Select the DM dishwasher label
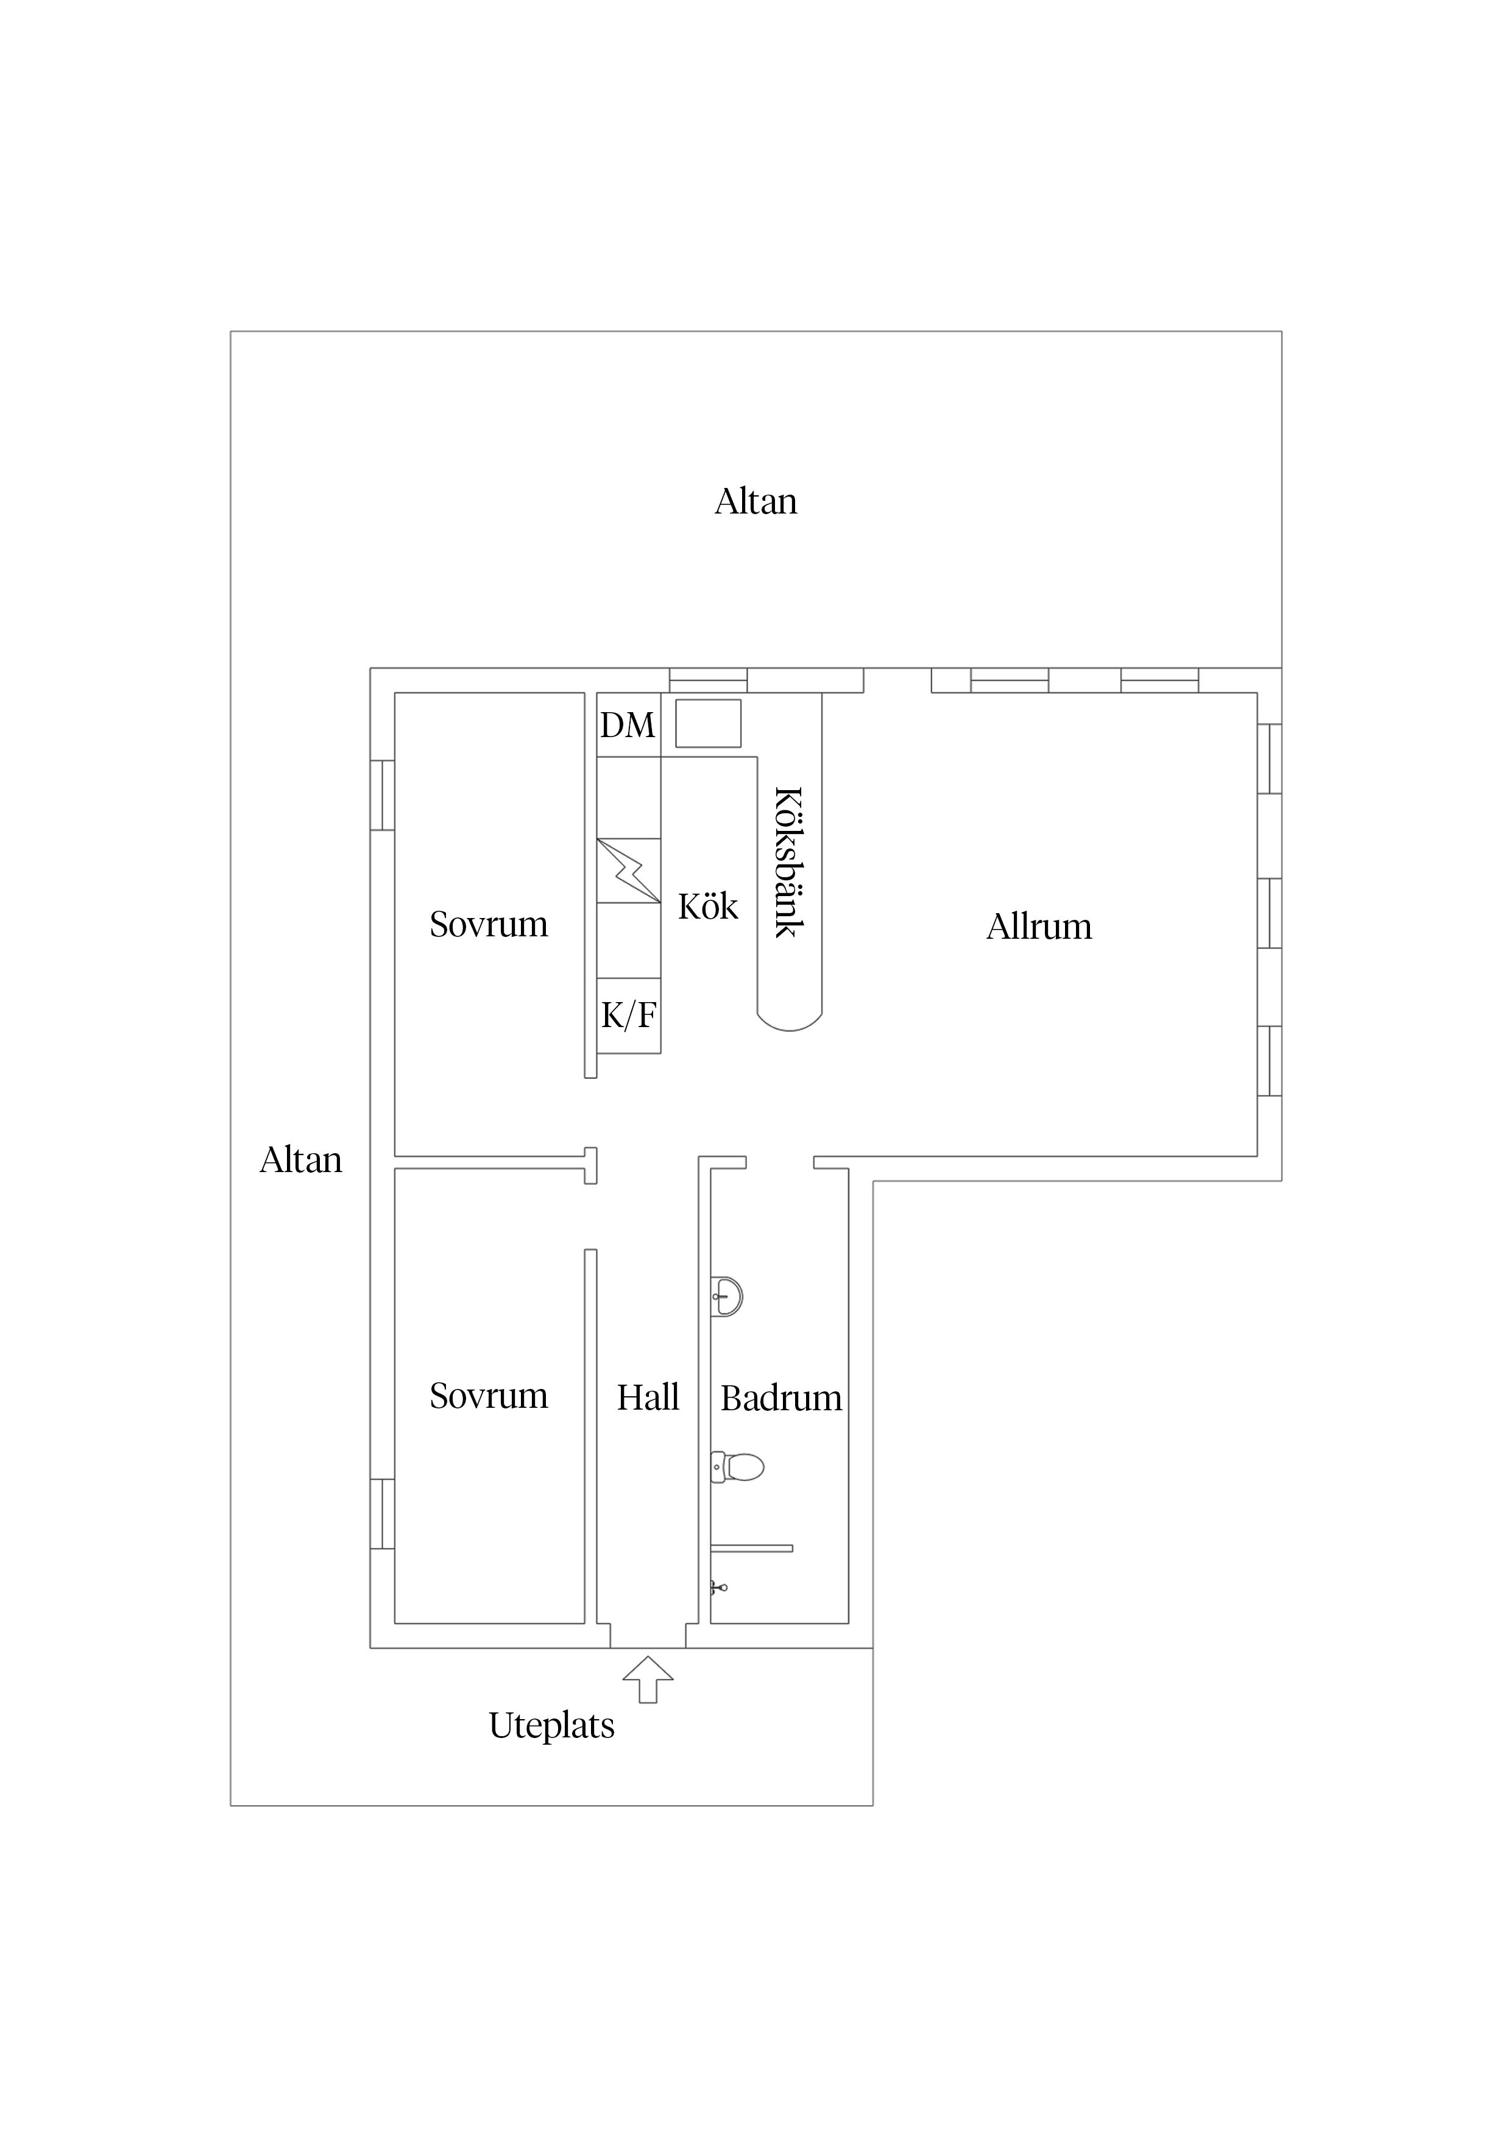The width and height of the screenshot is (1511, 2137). pos(628,725)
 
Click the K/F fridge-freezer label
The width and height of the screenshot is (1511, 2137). pos(628,1016)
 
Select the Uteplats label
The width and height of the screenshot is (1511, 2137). pos(552,1726)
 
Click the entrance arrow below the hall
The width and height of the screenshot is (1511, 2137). pos(648,1680)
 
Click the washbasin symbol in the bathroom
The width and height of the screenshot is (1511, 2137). pos(726,1296)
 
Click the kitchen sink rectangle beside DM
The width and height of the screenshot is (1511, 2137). pos(709,723)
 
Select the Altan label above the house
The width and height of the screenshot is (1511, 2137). pos(756,502)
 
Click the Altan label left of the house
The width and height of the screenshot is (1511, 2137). pos(301,1160)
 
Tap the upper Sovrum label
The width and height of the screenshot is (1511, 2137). pos(489,924)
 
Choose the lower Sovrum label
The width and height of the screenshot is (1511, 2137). pos(489,1396)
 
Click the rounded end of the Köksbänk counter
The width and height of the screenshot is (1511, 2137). pos(790,1020)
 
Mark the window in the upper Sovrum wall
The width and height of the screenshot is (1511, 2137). pos(383,795)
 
